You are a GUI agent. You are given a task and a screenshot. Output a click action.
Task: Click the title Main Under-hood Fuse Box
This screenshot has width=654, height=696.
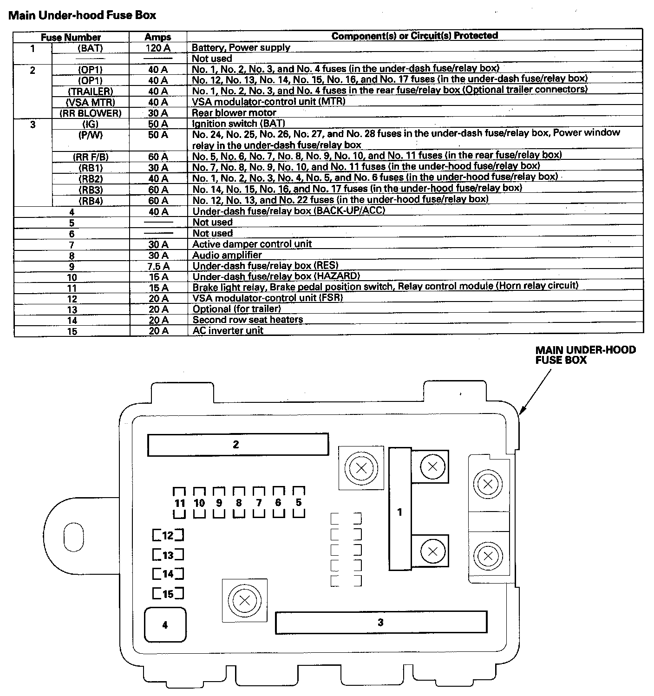point(82,15)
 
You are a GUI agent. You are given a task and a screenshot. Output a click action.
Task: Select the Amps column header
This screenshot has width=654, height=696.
point(158,37)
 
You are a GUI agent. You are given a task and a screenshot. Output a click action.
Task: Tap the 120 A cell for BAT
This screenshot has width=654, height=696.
point(158,48)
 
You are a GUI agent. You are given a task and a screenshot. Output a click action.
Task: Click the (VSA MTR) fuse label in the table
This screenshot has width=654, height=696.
point(91,102)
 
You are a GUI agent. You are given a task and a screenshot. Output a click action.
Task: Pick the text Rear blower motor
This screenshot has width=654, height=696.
point(234,113)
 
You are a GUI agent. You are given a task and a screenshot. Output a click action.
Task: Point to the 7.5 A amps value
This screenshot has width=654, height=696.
point(158,266)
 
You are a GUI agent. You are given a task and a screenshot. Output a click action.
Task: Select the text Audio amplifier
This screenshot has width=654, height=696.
point(227,255)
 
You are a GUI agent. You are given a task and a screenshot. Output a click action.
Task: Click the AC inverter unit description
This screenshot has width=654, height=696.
point(228,331)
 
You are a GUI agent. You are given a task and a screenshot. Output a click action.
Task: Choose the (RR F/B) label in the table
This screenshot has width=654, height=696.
point(91,157)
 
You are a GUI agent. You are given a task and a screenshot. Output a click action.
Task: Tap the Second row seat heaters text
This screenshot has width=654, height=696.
point(248,320)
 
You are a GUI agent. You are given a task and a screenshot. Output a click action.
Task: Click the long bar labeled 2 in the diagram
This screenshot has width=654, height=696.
point(238,445)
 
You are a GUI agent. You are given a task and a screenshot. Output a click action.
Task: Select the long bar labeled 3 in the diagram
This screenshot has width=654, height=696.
point(381,622)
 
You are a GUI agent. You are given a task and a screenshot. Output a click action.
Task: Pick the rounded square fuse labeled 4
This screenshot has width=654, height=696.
point(165,625)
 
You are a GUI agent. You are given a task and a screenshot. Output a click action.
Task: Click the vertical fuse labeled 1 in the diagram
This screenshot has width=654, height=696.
point(400,509)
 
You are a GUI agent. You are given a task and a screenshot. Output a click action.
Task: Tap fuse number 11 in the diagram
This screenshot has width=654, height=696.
point(180,503)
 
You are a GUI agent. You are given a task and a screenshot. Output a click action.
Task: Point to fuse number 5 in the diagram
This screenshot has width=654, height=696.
point(299,502)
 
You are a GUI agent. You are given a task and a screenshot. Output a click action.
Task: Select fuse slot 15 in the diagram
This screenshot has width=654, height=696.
point(168,594)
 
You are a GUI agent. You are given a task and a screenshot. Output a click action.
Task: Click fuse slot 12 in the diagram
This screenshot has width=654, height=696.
point(168,535)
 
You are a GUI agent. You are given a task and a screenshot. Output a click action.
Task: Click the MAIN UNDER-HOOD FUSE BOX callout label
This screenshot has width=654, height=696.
point(585,355)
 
